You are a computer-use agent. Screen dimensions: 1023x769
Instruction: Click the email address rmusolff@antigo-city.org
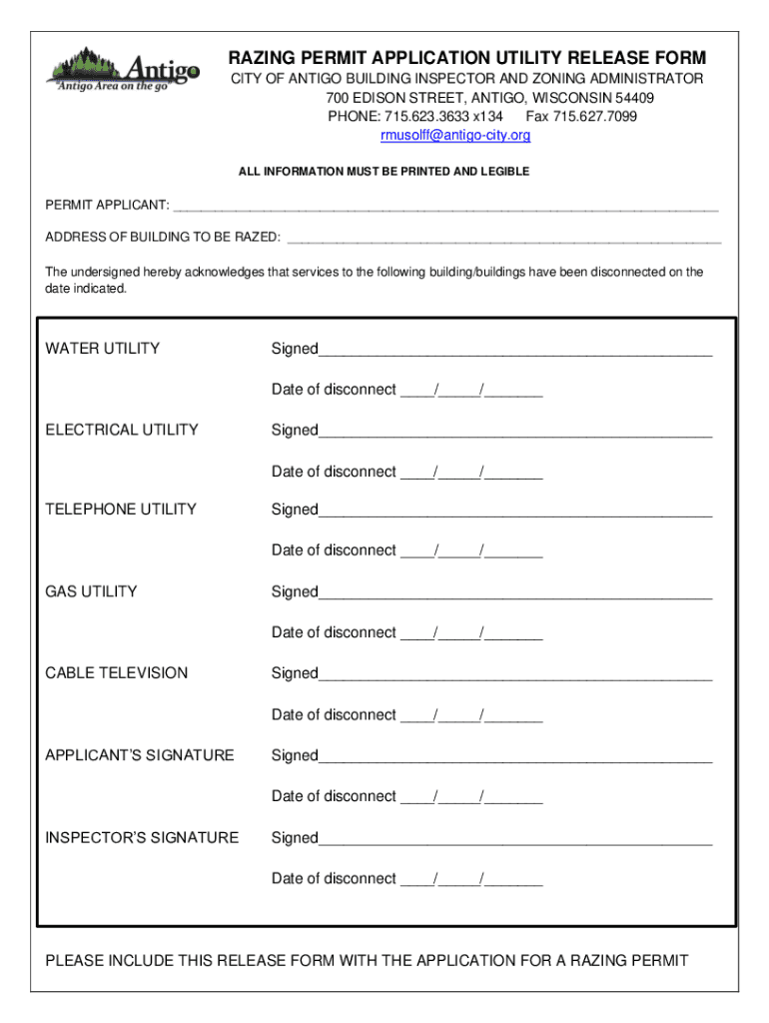coord(455,136)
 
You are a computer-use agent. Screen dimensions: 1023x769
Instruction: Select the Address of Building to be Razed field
coord(503,240)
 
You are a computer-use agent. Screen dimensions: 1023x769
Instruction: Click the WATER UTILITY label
coord(103,349)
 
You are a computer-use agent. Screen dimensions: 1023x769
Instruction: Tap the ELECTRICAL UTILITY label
coord(122,431)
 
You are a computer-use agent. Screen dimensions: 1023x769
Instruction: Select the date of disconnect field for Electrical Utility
coord(471,473)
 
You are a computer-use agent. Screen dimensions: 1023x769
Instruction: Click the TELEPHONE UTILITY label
coord(121,510)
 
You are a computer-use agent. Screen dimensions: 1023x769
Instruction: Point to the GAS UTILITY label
coord(92,592)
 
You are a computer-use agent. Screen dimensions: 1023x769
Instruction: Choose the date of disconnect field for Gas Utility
coord(471,633)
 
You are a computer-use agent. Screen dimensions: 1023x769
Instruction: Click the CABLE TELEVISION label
coord(117,673)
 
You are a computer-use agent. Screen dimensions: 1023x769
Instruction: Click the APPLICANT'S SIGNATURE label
coord(140,755)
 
